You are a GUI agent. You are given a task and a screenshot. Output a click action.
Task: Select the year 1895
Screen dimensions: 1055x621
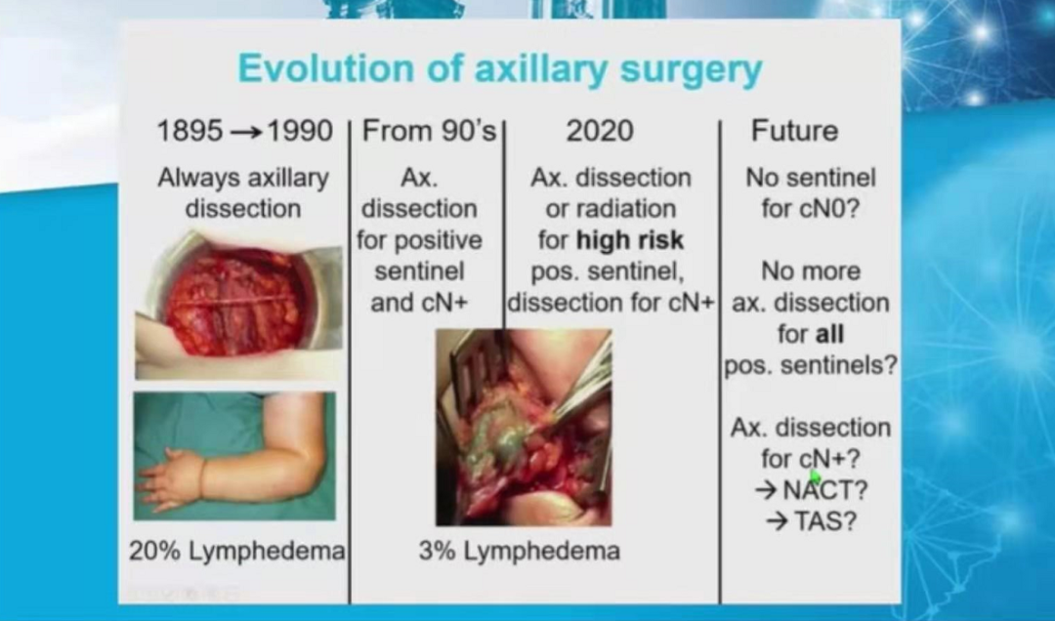[x=190, y=131]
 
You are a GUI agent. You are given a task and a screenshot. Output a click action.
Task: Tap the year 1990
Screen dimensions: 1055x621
[x=300, y=131]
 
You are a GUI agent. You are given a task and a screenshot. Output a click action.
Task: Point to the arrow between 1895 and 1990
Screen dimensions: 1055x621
[x=245, y=132]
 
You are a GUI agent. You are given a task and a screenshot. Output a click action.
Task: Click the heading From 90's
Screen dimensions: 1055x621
[x=429, y=131]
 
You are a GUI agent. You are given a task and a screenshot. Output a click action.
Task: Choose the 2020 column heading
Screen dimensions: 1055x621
[x=600, y=131]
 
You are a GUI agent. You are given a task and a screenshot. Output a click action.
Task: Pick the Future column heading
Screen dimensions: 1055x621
[x=794, y=131]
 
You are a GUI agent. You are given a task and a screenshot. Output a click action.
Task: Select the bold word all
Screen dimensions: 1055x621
[x=829, y=334]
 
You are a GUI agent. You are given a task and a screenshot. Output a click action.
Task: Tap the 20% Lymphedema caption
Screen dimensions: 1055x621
[x=236, y=551]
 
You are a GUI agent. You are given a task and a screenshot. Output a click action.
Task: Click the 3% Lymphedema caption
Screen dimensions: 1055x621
[x=519, y=551]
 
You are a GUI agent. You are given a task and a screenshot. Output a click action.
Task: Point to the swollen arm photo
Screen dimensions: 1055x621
[x=234, y=456]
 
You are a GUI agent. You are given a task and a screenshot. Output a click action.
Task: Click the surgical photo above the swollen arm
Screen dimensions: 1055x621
[x=238, y=306]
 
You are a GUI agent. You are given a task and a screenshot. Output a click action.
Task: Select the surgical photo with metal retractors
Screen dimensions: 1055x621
[x=524, y=428]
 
